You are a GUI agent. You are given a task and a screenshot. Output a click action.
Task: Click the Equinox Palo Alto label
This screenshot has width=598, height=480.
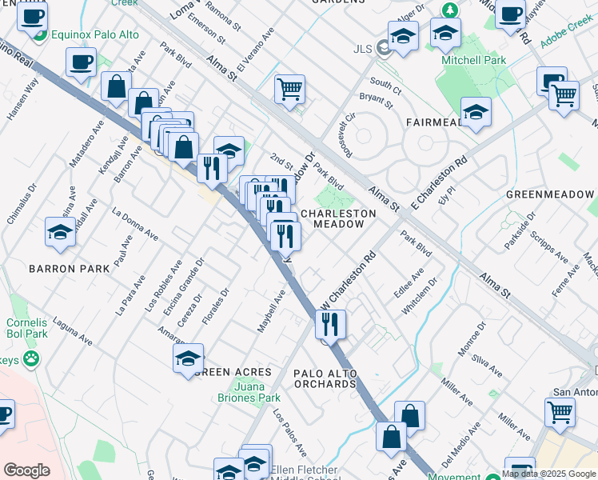(94, 34)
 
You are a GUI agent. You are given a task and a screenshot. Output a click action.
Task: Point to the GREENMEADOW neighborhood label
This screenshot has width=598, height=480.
(551, 194)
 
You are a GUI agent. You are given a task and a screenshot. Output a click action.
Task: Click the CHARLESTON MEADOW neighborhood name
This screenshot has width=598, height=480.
(337, 219)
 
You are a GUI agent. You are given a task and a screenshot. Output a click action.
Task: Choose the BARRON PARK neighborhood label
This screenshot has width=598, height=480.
(68, 269)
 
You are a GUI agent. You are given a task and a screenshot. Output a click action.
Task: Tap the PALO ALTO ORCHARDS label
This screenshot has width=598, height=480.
(324, 378)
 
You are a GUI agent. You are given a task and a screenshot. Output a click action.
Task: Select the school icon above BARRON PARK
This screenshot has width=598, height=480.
(61, 232)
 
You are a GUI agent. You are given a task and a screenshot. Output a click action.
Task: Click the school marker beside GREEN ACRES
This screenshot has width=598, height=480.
(188, 358)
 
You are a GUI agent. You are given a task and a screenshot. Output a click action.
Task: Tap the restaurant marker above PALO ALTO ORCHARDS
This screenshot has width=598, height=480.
(329, 324)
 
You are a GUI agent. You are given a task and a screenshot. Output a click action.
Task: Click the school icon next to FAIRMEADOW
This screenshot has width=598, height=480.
(476, 114)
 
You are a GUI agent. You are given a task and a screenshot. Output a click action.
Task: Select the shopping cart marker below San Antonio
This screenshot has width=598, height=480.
(560, 412)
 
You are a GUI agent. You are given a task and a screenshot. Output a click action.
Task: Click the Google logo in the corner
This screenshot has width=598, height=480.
(27, 470)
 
